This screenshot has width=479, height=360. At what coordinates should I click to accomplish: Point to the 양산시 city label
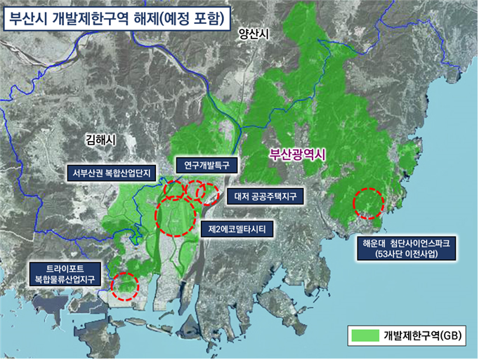(x=254, y=33)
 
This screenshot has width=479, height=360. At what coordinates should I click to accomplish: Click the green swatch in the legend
(x=365, y=335)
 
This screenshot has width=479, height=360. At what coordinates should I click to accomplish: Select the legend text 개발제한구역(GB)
(x=424, y=335)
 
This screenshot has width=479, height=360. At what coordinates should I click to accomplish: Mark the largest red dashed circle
(x=174, y=215)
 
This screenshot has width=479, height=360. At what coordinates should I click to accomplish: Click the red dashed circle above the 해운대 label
(x=368, y=204)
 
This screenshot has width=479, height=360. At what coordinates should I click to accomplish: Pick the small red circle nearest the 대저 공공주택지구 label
(x=209, y=190)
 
